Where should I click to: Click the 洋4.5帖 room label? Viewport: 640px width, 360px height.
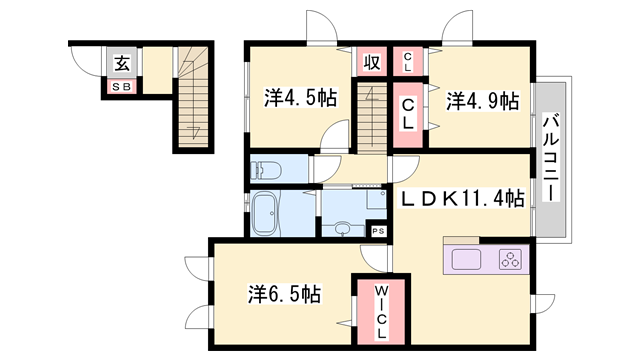tap(300, 99)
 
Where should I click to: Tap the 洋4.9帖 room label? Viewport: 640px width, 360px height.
tap(482, 101)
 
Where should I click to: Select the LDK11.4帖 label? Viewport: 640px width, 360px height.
tap(463, 199)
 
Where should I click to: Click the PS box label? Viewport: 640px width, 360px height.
tap(377, 231)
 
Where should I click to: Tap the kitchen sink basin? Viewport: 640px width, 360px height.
tap(467, 260)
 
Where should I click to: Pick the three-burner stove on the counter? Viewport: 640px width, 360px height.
tap(511, 260)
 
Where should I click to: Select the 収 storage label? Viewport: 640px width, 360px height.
tap(370, 62)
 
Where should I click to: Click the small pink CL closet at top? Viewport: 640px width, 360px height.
tap(408, 61)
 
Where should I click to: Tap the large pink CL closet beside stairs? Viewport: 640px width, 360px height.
tap(409, 114)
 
